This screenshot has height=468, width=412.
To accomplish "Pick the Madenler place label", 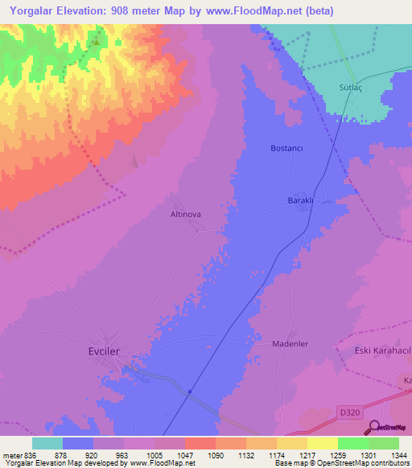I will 287,343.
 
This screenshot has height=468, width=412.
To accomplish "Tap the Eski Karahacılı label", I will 382,351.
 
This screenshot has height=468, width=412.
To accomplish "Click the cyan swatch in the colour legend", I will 47,443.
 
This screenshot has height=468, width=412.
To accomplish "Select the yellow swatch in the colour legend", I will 322,443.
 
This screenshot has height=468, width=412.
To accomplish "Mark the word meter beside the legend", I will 11,454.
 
